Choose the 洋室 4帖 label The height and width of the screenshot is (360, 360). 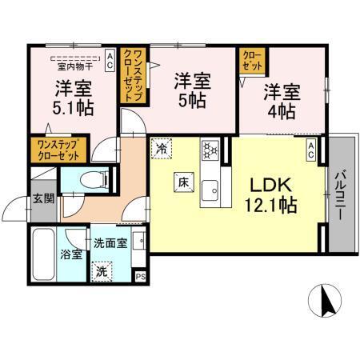click(x=282, y=100)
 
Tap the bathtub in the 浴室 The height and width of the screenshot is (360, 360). click(x=42, y=254)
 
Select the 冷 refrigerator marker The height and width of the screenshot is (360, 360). click(x=162, y=148)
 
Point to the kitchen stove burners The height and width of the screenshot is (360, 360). click(x=210, y=149)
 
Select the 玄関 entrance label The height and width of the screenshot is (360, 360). click(x=42, y=200)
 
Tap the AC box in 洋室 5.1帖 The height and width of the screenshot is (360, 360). click(x=110, y=56)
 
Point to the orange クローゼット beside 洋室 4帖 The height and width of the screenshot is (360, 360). click(x=254, y=60)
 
